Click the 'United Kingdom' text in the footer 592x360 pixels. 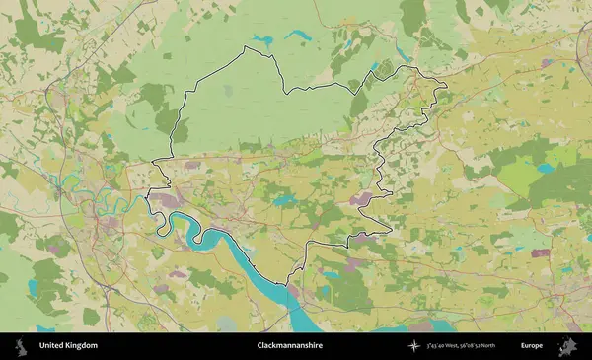(68, 346)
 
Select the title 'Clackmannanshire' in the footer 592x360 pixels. (289, 346)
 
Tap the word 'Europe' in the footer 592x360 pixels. (532, 346)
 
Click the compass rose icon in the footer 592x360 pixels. (413, 346)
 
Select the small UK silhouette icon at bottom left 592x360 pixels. (21, 346)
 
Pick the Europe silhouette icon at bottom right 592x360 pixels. (568, 346)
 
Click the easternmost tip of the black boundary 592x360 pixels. (446, 87)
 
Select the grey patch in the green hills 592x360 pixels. (229, 91)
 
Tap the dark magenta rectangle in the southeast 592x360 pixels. (540, 252)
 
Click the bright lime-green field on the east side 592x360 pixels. (518, 178)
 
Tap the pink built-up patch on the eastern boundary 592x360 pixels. (359, 200)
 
